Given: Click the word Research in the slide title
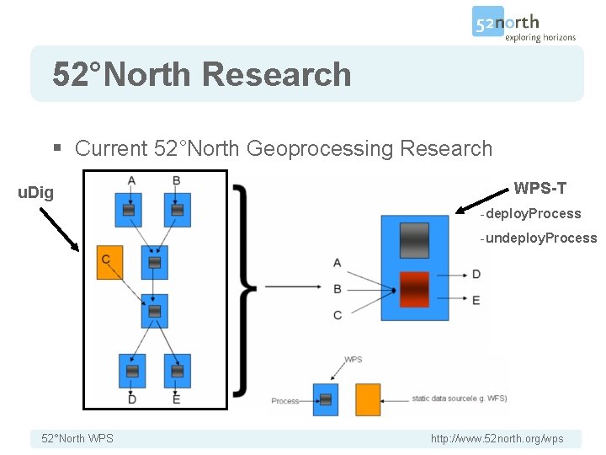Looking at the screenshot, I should [276, 74].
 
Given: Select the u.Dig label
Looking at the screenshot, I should [35, 193].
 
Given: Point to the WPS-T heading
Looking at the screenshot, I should [540, 187].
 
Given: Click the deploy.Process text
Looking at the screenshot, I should [532, 214].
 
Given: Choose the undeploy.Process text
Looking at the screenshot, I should [540, 238].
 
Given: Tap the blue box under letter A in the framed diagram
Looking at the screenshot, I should [130, 209].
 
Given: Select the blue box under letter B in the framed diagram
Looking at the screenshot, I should [176, 209].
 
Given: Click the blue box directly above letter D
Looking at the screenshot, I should [131, 371].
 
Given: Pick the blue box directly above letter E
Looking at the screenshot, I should [176, 371].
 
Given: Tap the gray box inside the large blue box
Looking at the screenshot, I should [414, 239].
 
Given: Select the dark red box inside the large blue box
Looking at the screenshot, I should [414, 291].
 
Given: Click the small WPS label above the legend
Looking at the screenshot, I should [353, 360].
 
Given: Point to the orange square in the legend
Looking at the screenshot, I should [368, 399].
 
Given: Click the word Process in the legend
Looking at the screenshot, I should [284, 401].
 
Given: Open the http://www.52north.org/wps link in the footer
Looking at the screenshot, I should [497, 439].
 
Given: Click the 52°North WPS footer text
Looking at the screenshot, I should [77, 439].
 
